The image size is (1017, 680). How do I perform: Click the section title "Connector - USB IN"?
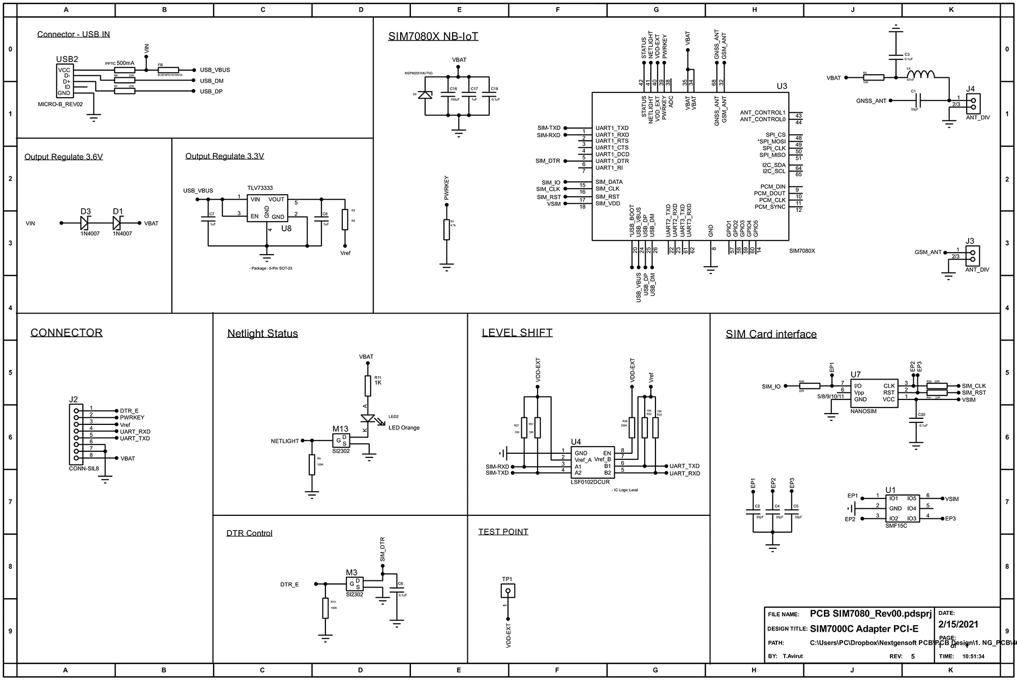[x=73, y=35]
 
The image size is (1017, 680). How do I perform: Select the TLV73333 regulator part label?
[x=260, y=188]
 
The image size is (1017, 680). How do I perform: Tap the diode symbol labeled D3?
[x=85, y=223]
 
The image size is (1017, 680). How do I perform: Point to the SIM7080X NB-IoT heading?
[x=433, y=37]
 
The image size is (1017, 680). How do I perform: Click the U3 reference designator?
[x=782, y=86]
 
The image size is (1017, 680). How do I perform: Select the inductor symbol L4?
[x=921, y=75]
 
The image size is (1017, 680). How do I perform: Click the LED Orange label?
[x=404, y=428]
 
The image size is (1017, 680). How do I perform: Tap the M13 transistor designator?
[x=341, y=429]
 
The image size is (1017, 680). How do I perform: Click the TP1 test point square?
[x=507, y=591]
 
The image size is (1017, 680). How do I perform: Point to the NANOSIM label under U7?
[x=863, y=411]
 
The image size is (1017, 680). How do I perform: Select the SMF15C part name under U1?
[x=896, y=526]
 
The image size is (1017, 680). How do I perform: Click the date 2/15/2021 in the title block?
[x=958, y=624]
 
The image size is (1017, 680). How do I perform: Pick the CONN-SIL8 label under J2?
[x=84, y=469]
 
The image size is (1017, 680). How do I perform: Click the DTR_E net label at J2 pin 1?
[x=129, y=411]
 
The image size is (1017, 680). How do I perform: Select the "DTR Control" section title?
[x=249, y=533]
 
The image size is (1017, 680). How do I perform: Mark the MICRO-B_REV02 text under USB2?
[x=60, y=104]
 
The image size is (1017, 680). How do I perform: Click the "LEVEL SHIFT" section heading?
[x=517, y=333]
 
